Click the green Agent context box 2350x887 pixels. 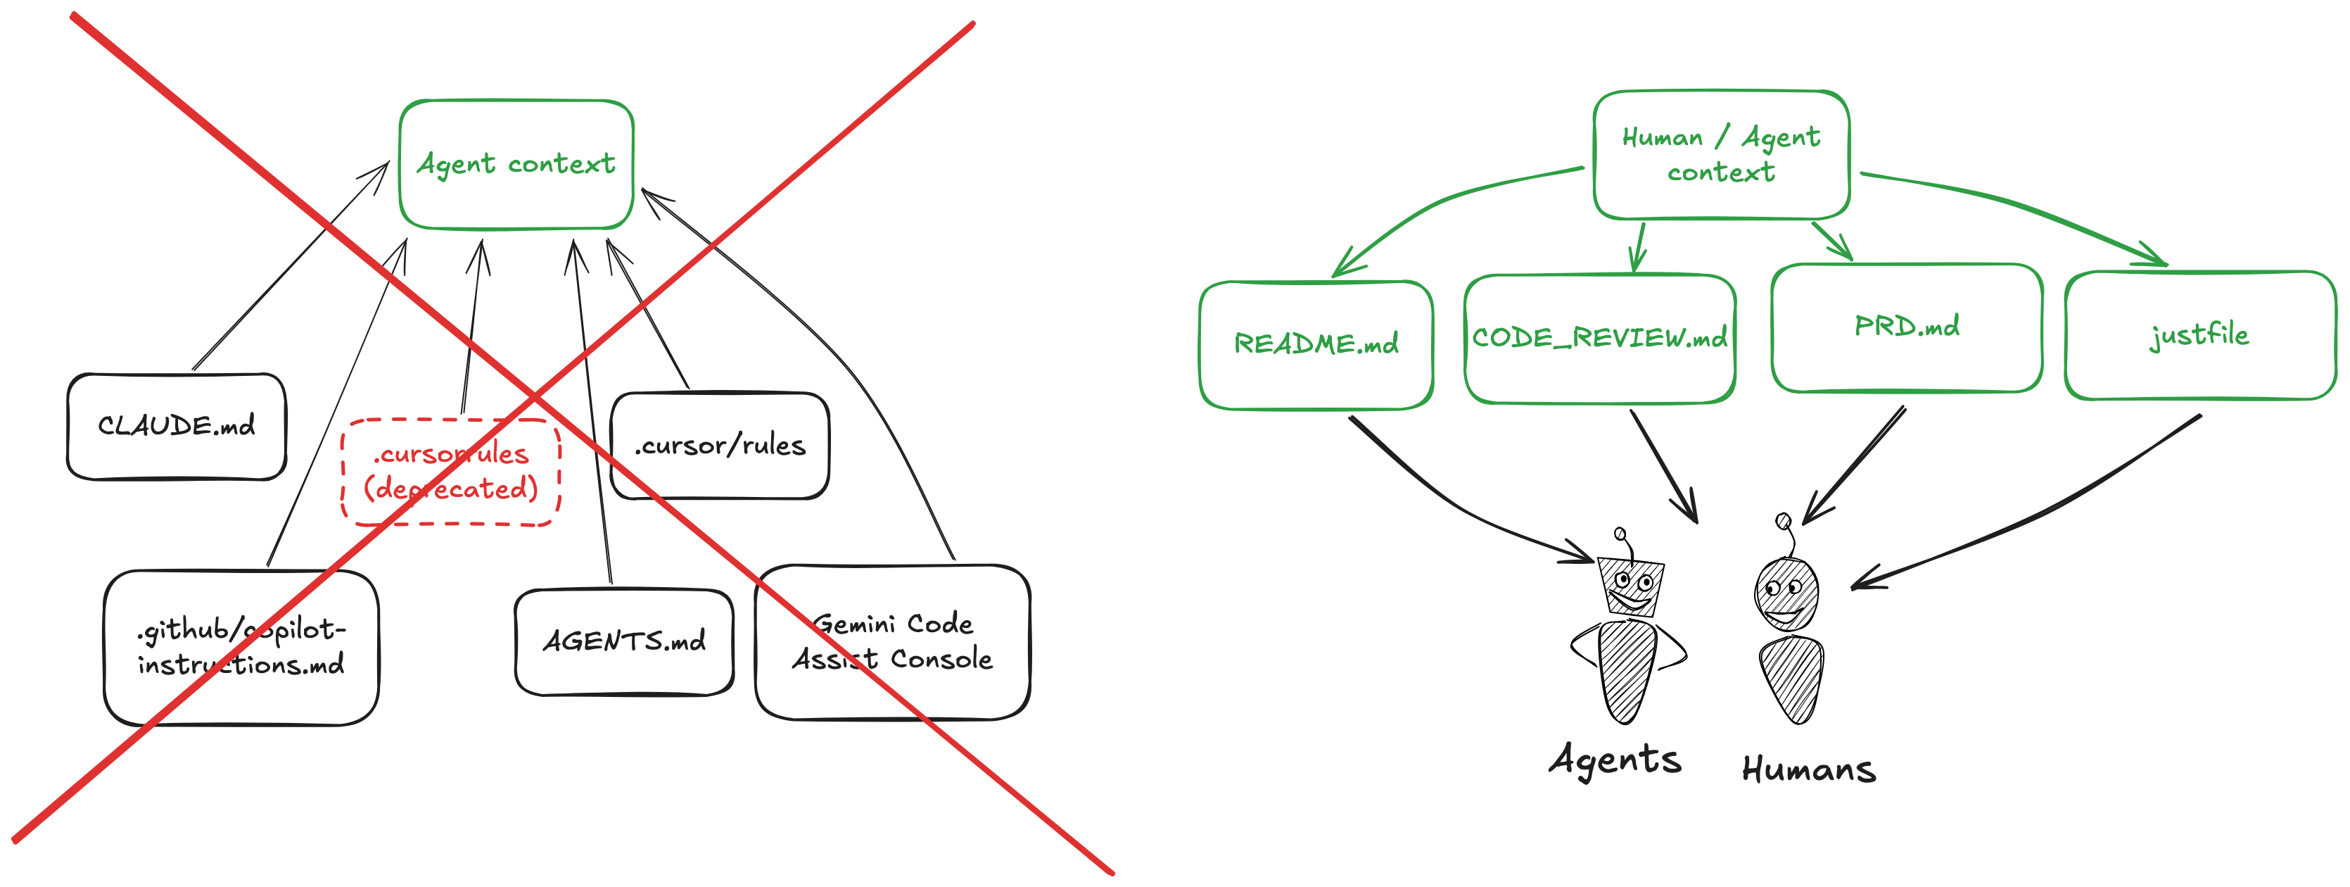516,164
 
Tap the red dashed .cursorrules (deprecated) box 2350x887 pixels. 451,472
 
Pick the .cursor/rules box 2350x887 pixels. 720,446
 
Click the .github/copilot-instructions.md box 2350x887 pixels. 241,647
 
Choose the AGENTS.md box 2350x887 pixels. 624,641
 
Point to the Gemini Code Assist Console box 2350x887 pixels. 892,641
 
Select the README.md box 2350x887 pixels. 1316,344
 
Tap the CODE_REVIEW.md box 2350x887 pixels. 1599,339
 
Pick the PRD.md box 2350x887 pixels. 1907,327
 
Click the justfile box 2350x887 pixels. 2199,335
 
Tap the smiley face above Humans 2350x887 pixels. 1784,601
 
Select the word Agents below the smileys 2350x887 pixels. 1615,760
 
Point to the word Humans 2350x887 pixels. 1809,769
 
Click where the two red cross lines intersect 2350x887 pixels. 535,398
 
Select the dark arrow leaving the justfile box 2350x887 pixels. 2052,511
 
